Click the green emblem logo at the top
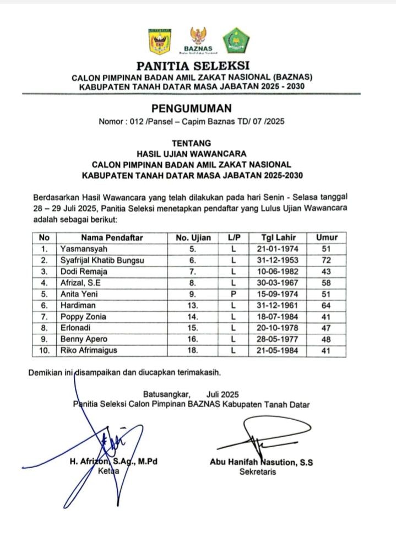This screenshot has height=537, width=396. coord(236,40)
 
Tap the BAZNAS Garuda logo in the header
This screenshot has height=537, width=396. coord(197,39)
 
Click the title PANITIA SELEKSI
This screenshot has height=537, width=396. coord(192,66)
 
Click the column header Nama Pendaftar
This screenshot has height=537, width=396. coord(112,237)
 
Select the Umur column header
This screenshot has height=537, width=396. coord(326,237)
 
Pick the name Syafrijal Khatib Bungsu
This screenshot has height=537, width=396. coord(102,260)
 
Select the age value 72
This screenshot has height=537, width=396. coord(326,260)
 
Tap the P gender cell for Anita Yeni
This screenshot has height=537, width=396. coord(233,294)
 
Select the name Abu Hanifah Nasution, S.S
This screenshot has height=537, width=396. coord(262,463)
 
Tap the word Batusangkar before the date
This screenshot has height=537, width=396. coord(166,394)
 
